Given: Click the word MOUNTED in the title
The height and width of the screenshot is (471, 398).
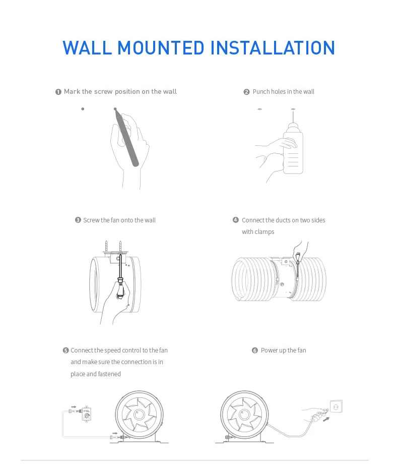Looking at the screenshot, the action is click(x=161, y=48).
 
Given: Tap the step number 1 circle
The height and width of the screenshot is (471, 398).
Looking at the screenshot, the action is click(x=58, y=92).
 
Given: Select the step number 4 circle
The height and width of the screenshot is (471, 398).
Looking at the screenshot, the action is click(x=236, y=220).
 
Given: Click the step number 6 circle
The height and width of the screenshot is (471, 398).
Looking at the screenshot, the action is click(x=255, y=350).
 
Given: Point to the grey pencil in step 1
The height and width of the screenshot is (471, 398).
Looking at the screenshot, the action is click(x=126, y=137).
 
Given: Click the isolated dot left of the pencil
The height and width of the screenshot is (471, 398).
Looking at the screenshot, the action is click(x=83, y=109).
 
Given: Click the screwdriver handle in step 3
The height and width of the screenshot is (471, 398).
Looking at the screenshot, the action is click(x=120, y=287).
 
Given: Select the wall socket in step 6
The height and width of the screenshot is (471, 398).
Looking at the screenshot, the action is click(x=336, y=407).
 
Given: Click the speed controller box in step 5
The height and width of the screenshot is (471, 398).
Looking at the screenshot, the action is click(x=87, y=414).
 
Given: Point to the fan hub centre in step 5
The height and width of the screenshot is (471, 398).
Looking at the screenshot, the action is click(x=139, y=415).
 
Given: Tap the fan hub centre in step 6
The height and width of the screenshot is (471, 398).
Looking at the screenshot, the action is click(x=244, y=415).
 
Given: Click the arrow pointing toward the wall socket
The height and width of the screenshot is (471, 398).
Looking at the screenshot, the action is click(x=326, y=419).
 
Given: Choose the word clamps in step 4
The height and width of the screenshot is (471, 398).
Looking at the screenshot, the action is click(x=264, y=232).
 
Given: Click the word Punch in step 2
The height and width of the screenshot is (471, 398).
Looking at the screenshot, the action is click(x=261, y=92).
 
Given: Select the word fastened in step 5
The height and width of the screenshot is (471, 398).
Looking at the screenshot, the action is click(x=109, y=374).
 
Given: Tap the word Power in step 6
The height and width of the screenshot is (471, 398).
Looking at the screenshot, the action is click(x=269, y=350).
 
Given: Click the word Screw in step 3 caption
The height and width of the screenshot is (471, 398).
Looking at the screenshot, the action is click(x=91, y=220).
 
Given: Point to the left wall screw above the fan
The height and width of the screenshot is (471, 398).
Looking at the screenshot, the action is click(x=106, y=247).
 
